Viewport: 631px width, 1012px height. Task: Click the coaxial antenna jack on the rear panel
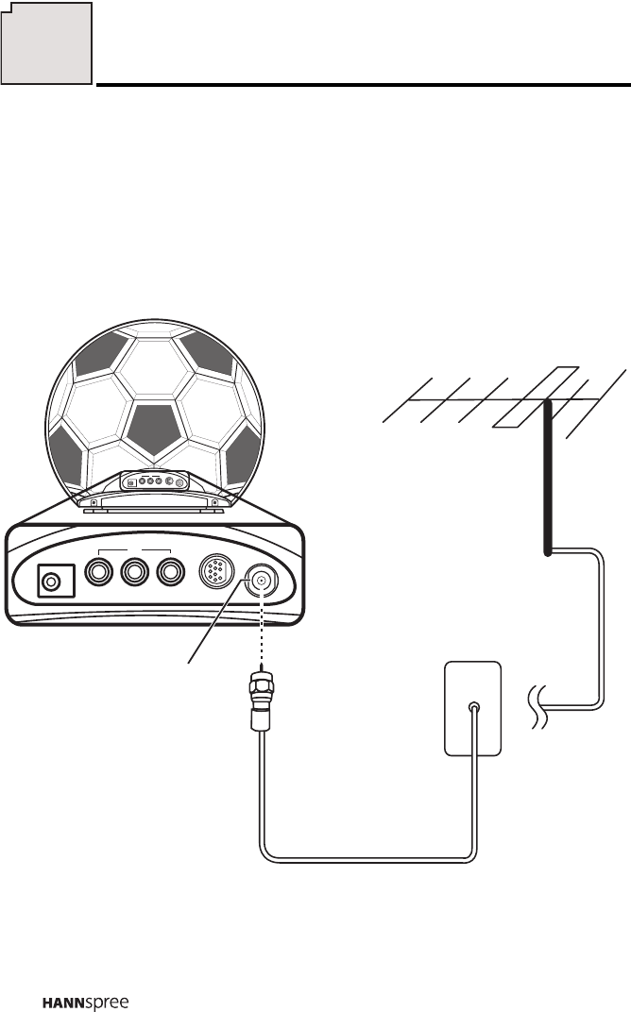click(x=261, y=582)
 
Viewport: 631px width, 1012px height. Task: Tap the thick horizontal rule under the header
click(x=363, y=85)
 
